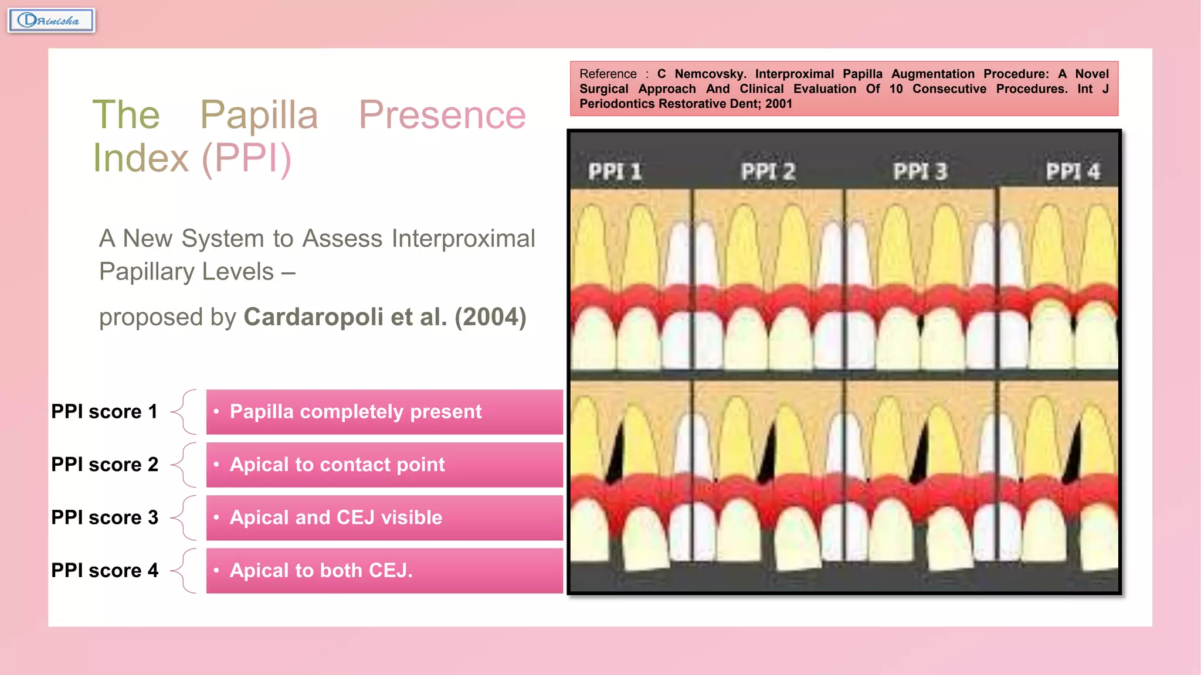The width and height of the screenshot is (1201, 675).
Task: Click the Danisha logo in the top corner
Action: [51, 21]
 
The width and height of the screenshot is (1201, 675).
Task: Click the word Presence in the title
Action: [442, 115]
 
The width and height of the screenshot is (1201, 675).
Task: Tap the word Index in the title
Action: [141, 158]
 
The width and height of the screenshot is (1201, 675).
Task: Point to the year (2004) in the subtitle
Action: [490, 317]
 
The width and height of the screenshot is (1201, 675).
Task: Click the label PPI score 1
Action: [104, 411]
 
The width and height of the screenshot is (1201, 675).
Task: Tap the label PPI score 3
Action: [104, 517]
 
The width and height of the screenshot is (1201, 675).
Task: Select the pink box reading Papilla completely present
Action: [384, 412]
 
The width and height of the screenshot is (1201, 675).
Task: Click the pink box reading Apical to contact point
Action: [384, 465]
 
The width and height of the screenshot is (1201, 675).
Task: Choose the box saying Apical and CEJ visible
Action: [384, 518]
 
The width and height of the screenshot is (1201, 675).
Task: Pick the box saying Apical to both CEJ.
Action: [384, 571]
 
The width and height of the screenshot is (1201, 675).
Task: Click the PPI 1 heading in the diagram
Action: [615, 172]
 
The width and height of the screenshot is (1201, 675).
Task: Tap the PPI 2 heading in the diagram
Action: [768, 172]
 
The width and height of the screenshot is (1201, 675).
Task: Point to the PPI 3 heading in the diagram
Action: [920, 172]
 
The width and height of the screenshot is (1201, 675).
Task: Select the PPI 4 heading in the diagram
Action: [1073, 172]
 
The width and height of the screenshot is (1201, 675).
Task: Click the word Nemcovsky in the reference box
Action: [710, 74]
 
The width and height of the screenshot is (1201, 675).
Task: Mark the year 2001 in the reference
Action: [779, 104]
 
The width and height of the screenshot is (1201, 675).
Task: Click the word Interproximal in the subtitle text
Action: [463, 238]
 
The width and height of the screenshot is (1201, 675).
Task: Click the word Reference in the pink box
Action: [608, 74]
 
